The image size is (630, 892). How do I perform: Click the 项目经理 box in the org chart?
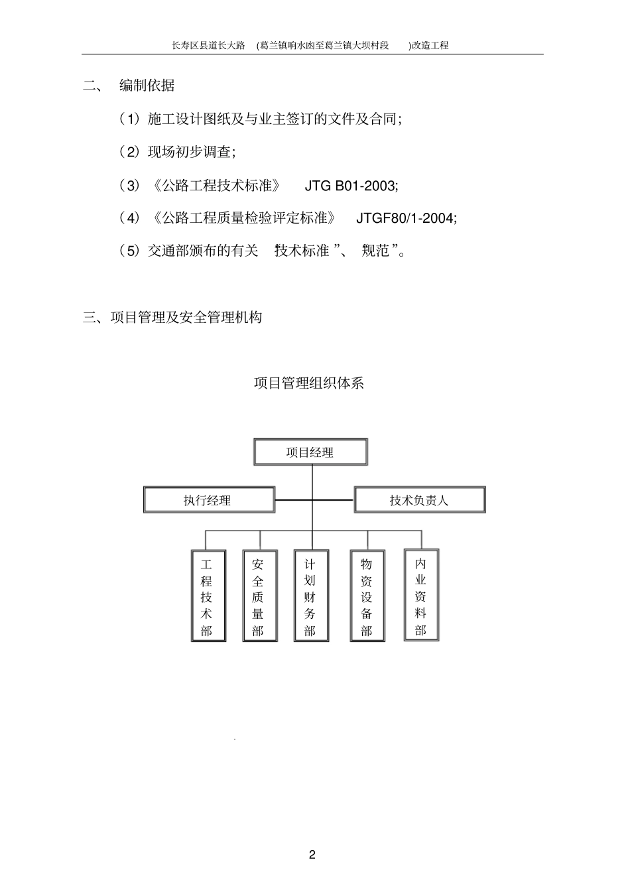click(x=310, y=452)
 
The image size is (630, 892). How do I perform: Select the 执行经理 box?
click(x=209, y=500)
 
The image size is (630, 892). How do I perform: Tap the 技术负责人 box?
click(x=419, y=500)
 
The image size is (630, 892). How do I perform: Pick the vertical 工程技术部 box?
click(x=207, y=596)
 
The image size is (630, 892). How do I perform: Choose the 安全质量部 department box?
click(x=259, y=596)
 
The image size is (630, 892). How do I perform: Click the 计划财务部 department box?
click(x=310, y=596)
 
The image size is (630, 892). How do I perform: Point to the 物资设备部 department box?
click(x=367, y=596)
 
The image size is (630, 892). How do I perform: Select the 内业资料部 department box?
click(x=421, y=595)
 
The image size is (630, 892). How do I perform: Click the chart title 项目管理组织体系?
click(x=309, y=383)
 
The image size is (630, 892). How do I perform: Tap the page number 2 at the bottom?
click(x=312, y=854)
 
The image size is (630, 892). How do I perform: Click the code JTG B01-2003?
click(x=351, y=186)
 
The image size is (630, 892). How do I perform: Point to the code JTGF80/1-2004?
click(x=407, y=218)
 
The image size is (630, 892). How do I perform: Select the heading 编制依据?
click(x=147, y=86)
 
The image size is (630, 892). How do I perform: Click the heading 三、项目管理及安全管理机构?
click(x=172, y=318)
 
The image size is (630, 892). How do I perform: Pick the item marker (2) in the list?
click(x=129, y=153)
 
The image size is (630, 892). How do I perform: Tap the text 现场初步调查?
click(x=190, y=153)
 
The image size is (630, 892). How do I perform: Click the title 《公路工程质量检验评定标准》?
click(x=243, y=218)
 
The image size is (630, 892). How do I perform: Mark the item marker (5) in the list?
click(x=129, y=251)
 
